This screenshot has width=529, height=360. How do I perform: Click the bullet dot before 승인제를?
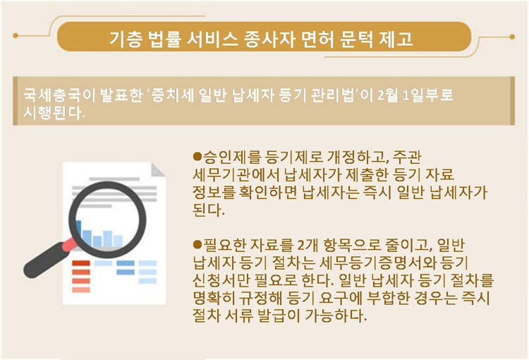click(x=197, y=157)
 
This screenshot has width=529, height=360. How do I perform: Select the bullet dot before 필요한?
click(x=197, y=244)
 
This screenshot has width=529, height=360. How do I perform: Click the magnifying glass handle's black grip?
click(x=44, y=260)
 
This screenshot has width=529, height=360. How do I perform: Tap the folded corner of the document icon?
click(x=157, y=170)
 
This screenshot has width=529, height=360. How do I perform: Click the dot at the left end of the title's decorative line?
click(x=16, y=35)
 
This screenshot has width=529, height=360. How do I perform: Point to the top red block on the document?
click(x=81, y=263)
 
